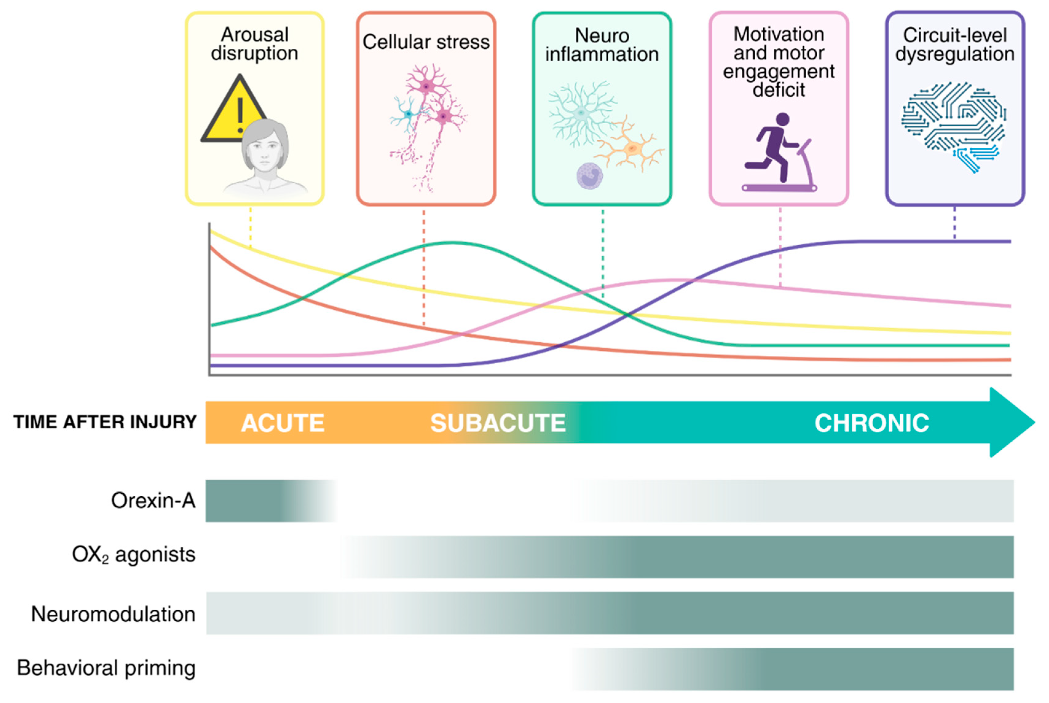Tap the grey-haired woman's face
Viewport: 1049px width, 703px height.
(265, 150)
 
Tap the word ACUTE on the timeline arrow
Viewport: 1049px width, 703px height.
(283, 423)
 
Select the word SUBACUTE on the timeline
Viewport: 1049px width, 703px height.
(498, 423)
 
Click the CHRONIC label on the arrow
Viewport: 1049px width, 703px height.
(871, 423)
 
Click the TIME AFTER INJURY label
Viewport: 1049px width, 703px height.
(105, 422)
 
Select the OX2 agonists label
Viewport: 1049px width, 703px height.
(134, 555)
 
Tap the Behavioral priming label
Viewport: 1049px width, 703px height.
(106, 668)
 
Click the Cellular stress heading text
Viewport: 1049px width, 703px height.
(426, 42)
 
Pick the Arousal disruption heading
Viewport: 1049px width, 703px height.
(255, 44)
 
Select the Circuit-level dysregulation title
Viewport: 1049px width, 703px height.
(955, 45)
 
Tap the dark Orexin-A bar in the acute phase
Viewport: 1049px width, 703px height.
(244, 501)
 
